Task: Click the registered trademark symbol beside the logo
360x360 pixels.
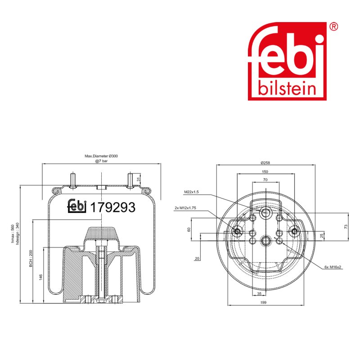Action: click(333, 27)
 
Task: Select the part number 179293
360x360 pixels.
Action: click(113, 207)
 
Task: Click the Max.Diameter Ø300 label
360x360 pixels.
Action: click(101, 156)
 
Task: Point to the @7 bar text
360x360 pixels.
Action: click(102, 161)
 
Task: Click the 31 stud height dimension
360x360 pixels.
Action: click(138, 180)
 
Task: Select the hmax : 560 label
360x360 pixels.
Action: click(13, 234)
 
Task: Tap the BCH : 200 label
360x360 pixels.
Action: click(31, 258)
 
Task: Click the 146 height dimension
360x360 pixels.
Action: click(41, 277)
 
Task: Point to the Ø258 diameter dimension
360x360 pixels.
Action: click(265, 163)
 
